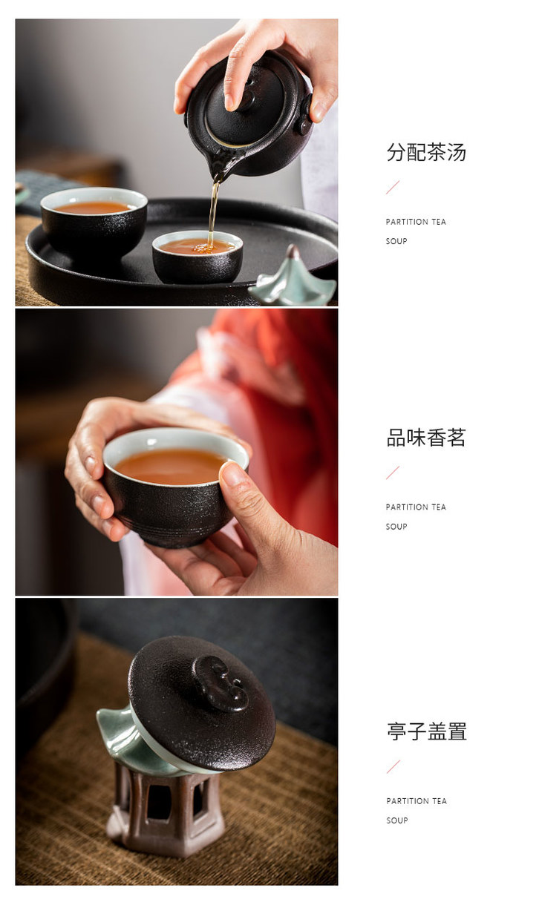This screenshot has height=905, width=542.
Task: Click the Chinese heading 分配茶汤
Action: tap(426, 152)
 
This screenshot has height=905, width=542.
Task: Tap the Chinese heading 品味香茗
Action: tap(426, 438)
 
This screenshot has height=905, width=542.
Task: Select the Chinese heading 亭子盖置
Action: tap(427, 731)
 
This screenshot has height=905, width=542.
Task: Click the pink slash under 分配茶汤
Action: tap(393, 188)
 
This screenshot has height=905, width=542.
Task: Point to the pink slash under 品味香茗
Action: tap(393, 473)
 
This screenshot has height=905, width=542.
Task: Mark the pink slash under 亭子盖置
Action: tap(394, 767)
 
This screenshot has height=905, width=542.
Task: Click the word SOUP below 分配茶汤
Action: tap(396, 241)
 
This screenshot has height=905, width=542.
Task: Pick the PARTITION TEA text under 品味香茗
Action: tap(416, 507)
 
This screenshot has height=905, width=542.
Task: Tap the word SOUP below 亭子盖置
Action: tap(396, 820)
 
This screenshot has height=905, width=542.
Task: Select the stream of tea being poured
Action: tap(213, 212)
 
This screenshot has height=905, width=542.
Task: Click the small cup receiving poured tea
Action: tap(197, 256)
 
